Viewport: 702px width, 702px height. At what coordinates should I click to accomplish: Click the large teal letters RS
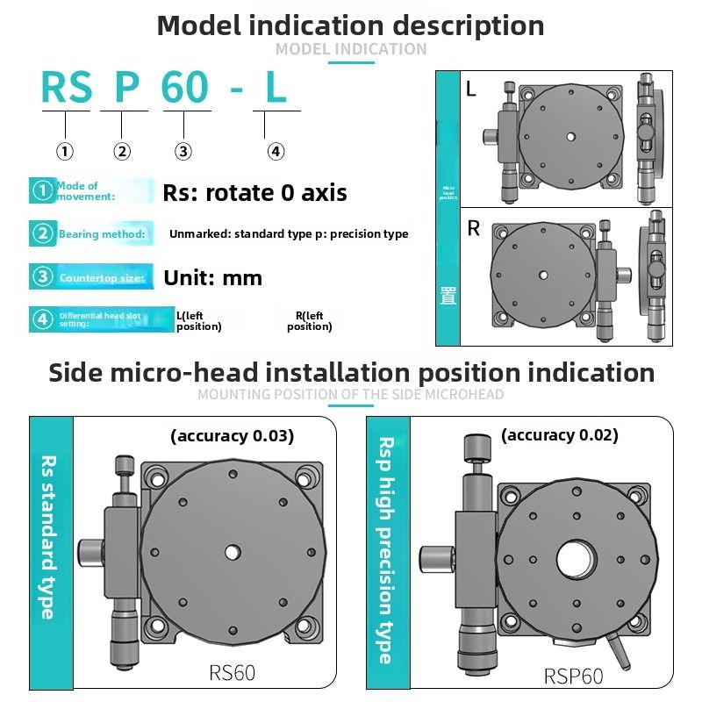click(66, 88)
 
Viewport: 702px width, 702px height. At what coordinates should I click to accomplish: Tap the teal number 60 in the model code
click(185, 88)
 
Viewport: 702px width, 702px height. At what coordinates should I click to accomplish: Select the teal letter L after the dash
click(276, 88)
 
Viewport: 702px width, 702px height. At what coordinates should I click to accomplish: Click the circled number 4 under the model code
click(276, 152)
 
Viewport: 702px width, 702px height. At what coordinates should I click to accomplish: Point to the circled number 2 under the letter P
click(122, 152)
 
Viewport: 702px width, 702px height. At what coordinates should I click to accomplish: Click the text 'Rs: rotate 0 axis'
click(254, 193)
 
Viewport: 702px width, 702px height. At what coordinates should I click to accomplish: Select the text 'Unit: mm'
click(213, 278)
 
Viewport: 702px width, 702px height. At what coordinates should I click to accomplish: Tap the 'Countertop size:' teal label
click(101, 278)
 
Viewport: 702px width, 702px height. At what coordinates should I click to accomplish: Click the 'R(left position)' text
click(309, 321)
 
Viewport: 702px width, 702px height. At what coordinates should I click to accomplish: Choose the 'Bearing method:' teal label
click(102, 234)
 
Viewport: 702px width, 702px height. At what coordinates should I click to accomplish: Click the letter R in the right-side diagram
click(473, 230)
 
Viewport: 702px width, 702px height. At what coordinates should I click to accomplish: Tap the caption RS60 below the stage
click(233, 673)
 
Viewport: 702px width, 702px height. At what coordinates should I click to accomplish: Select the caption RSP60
click(574, 676)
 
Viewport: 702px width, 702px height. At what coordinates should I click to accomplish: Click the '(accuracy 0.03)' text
click(232, 435)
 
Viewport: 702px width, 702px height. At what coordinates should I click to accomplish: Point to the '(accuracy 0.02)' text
click(559, 434)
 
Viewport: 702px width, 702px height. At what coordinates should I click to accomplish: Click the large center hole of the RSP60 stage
click(576, 559)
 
